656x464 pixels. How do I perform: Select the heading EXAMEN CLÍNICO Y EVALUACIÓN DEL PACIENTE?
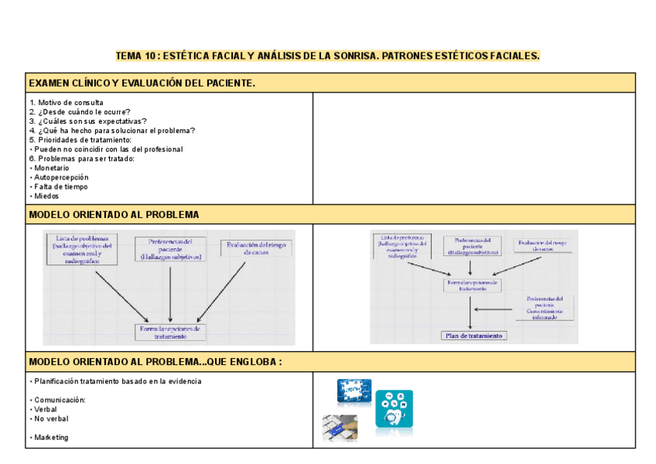click(x=142, y=83)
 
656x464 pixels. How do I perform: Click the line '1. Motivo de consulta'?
click(x=67, y=103)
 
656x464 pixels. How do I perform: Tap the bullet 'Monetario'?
click(x=51, y=168)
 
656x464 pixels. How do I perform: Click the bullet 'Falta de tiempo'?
click(x=60, y=186)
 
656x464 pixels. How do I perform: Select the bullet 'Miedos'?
click(x=46, y=196)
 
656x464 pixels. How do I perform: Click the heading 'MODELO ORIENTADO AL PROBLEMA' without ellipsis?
click(x=114, y=214)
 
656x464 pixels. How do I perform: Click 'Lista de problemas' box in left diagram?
click(x=83, y=249)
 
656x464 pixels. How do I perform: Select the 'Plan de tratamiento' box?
click(x=473, y=336)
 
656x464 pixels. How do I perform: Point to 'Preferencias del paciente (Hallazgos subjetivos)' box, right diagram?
click(x=473, y=246)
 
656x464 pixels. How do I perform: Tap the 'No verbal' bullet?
click(x=51, y=418)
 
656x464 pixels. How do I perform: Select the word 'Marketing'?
click(x=51, y=437)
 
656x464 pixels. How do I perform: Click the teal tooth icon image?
click(x=394, y=408)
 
